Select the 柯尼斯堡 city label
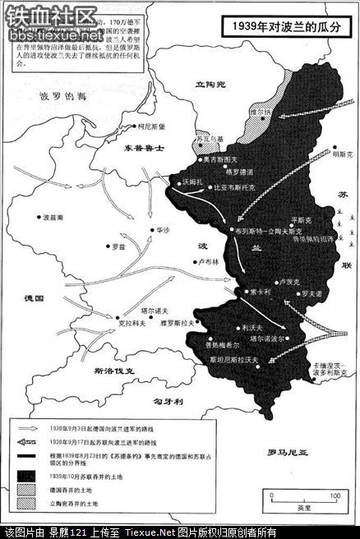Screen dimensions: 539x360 (x=154, y=127)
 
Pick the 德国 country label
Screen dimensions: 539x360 (x=35, y=296)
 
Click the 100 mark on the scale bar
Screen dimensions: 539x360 (x=335, y=495)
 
